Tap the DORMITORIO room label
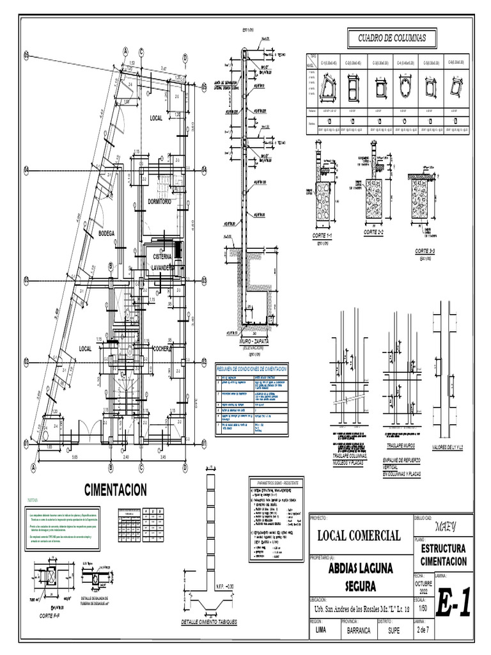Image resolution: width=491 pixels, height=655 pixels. [160, 201]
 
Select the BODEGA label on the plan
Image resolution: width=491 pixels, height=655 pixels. [106, 234]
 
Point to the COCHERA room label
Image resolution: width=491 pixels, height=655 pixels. [164, 349]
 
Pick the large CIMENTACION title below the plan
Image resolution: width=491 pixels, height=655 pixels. [116, 490]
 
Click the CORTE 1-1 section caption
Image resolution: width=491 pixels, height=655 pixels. [325, 237]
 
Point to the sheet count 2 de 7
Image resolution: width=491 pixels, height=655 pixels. [422, 629]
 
